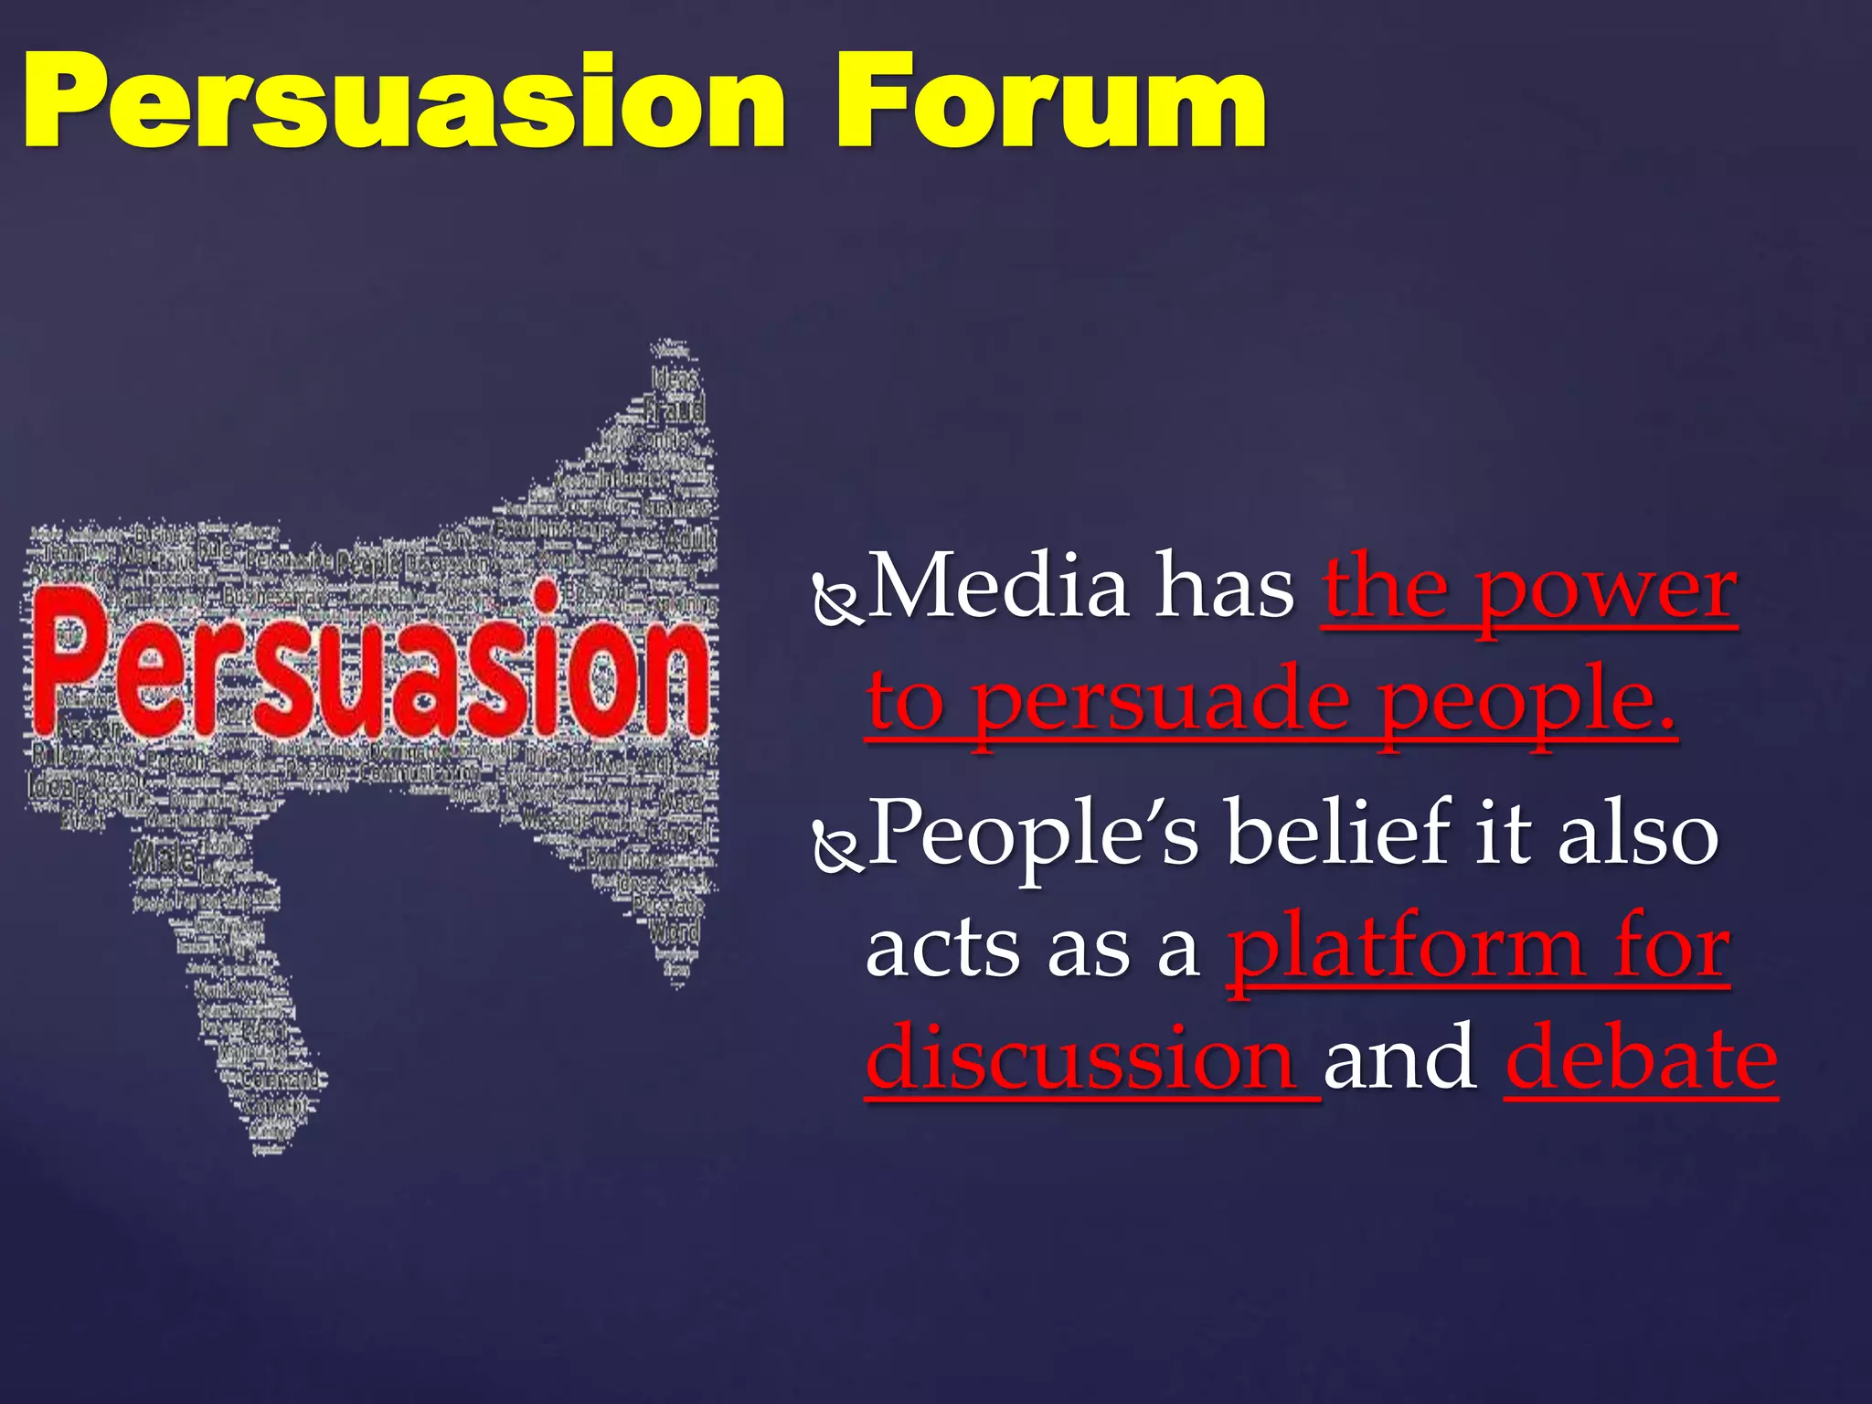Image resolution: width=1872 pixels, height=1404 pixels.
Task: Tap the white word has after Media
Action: [1225, 588]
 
